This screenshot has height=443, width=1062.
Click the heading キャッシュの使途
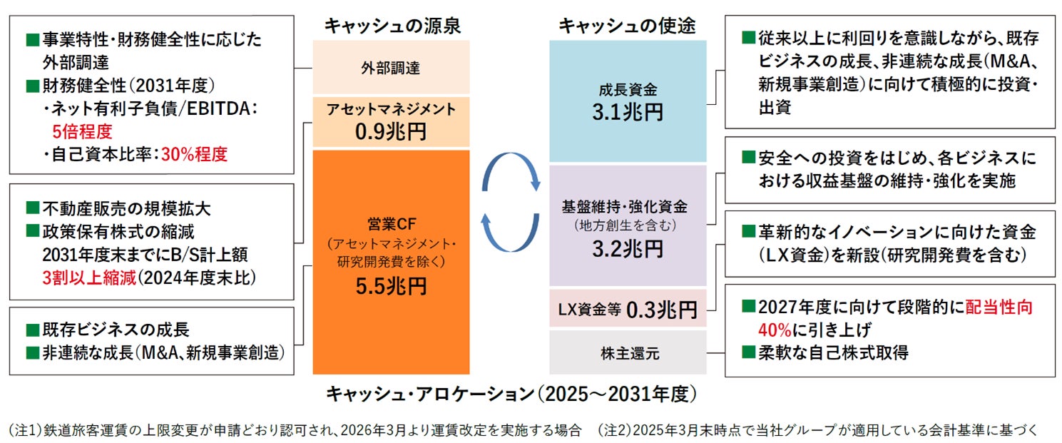(x=627, y=26)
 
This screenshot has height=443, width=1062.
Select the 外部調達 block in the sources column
(x=391, y=68)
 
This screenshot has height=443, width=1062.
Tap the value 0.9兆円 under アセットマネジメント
(x=391, y=132)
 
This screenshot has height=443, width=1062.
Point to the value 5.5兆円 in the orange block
(x=391, y=286)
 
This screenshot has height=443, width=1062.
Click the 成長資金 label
(x=628, y=91)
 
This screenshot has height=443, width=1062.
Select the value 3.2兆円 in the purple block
(x=628, y=248)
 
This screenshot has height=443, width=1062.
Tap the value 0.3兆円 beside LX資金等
(x=661, y=310)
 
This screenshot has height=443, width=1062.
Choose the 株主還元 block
(x=628, y=352)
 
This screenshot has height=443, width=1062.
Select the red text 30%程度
(x=193, y=153)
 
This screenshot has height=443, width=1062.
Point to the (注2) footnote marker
(x=614, y=429)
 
